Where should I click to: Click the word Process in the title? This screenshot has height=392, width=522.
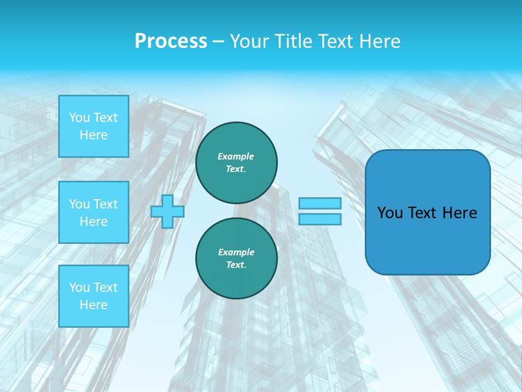click(171, 41)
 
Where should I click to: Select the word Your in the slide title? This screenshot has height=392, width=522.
click(250, 41)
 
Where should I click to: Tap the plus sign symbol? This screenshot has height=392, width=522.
click(167, 211)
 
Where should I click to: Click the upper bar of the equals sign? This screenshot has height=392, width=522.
click(320, 203)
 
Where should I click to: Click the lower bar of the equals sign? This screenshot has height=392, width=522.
click(320, 219)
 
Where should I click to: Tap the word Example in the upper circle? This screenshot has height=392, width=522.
click(235, 156)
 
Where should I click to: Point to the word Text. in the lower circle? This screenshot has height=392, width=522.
click(236, 265)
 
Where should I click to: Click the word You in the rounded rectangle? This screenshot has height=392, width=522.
click(390, 213)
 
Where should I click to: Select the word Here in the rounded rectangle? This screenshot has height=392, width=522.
click(459, 213)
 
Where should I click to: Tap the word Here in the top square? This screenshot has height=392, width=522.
click(94, 135)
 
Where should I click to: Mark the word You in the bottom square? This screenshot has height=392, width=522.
click(79, 287)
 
